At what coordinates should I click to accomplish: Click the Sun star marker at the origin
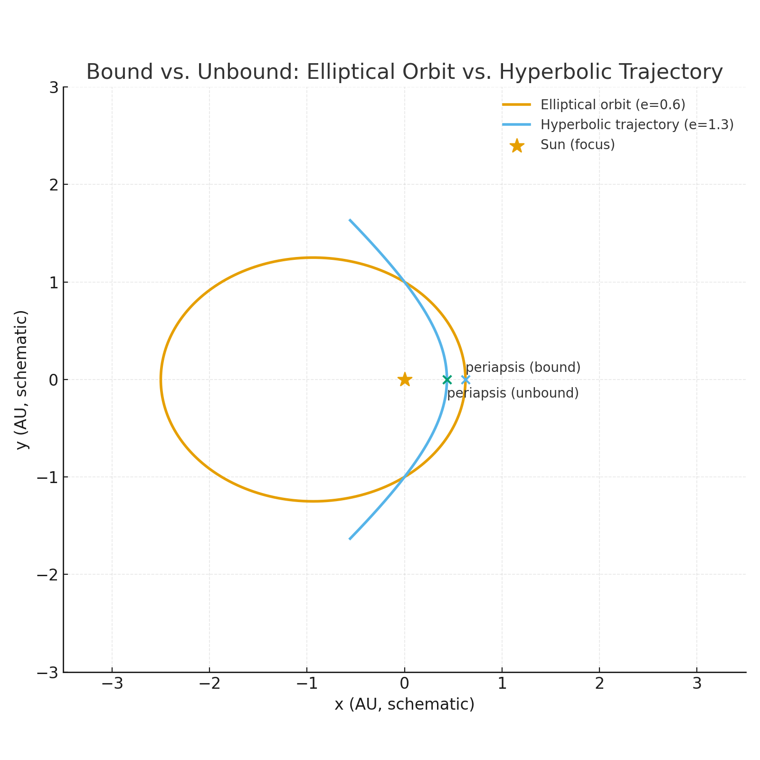click(x=404, y=380)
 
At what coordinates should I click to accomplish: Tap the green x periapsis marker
click(x=447, y=380)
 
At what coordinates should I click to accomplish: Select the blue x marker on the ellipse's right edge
click(x=465, y=380)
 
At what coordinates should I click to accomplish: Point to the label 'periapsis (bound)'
click(x=523, y=368)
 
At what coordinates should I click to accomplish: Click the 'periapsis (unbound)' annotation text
click(x=513, y=393)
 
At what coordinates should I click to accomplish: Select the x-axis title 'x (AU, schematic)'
click(x=404, y=704)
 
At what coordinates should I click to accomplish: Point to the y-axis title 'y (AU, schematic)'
click(x=22, y=380)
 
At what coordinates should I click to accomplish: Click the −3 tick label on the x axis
click(x=112, y=684)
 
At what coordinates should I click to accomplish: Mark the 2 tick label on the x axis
click(x=599, y=684)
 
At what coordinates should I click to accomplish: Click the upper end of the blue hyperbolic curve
click(x=350, y=220)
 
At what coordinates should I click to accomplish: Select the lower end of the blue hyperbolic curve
click(x=350, y=539)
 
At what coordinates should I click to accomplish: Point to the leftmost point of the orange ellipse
click(x=161, y=380)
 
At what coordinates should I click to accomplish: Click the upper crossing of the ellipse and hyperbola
click(x=404, y=282)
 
